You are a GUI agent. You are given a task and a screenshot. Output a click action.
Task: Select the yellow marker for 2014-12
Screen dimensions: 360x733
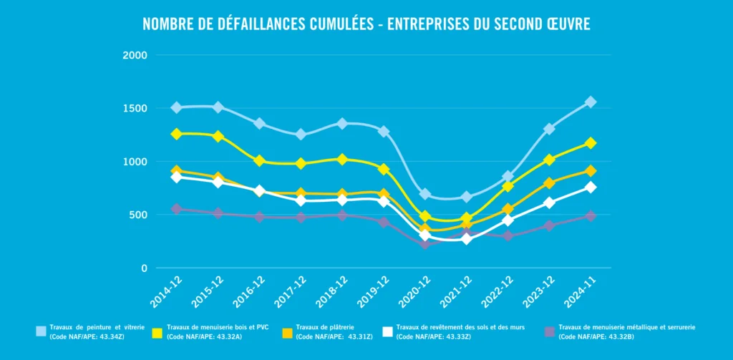tap(176, 134)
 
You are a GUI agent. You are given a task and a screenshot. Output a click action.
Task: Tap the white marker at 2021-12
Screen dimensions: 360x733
tap(466, 238)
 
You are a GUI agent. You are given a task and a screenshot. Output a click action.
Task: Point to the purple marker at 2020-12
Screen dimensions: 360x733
tap(425, 244)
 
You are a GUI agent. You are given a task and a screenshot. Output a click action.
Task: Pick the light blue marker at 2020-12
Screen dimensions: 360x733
tap(425, 194)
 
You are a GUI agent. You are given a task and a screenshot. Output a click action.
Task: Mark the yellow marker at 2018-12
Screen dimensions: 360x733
tap(342, 159)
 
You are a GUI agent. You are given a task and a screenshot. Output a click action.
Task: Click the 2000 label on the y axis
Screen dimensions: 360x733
tap(135, 55)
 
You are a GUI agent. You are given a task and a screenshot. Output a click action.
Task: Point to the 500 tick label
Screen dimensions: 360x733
tap(138, 215)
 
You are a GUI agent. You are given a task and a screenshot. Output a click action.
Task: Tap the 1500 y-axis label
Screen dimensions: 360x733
tap(135, 109)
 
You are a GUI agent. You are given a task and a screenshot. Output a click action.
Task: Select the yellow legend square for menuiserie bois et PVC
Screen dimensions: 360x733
tap(157, 331)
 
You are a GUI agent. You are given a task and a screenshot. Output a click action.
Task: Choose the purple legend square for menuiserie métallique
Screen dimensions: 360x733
tap(549, 331)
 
